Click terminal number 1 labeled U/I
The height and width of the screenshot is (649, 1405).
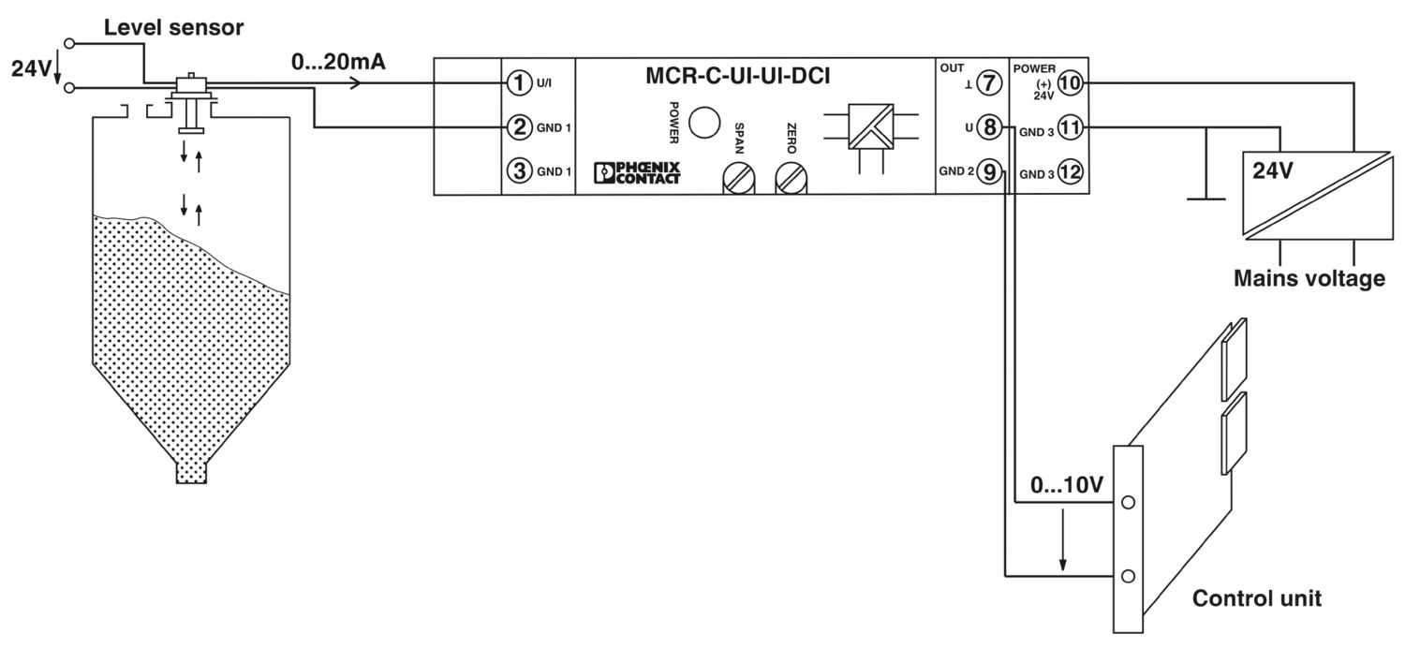[x=519, y=82]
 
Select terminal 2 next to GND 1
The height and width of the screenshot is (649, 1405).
[x=519, y=127]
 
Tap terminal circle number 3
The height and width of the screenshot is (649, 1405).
[x=519, y=170]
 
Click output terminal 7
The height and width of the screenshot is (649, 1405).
[x=989, y=82]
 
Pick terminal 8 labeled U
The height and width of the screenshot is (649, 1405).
[x=989, y=127]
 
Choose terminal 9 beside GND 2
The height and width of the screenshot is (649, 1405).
[x=989, y=171]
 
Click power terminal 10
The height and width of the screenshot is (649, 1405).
[x=1070, y=82]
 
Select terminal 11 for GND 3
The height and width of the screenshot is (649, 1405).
[x=1070, y=128]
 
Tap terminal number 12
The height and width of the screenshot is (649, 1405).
[x=1070, y=171]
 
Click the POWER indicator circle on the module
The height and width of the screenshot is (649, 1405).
[x=704, y=123]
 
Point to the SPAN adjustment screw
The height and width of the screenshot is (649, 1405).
[x=738, y=178]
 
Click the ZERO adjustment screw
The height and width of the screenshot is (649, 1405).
[x=791, y=178]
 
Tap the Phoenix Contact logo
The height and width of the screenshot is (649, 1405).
[x=637, y=172]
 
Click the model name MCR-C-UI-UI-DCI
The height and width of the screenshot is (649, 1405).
[x=738, y=76]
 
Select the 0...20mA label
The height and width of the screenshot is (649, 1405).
[x=338, y=62]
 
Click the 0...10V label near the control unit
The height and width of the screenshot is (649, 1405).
[x=1067, y=485]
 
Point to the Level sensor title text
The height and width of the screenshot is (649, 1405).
[x=173, y=27]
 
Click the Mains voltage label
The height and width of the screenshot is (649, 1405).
[x=1309, y=278]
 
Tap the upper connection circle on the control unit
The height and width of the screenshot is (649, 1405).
[x=1128, y=502]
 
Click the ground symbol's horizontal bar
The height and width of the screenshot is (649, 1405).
[x=1205, y=199]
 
